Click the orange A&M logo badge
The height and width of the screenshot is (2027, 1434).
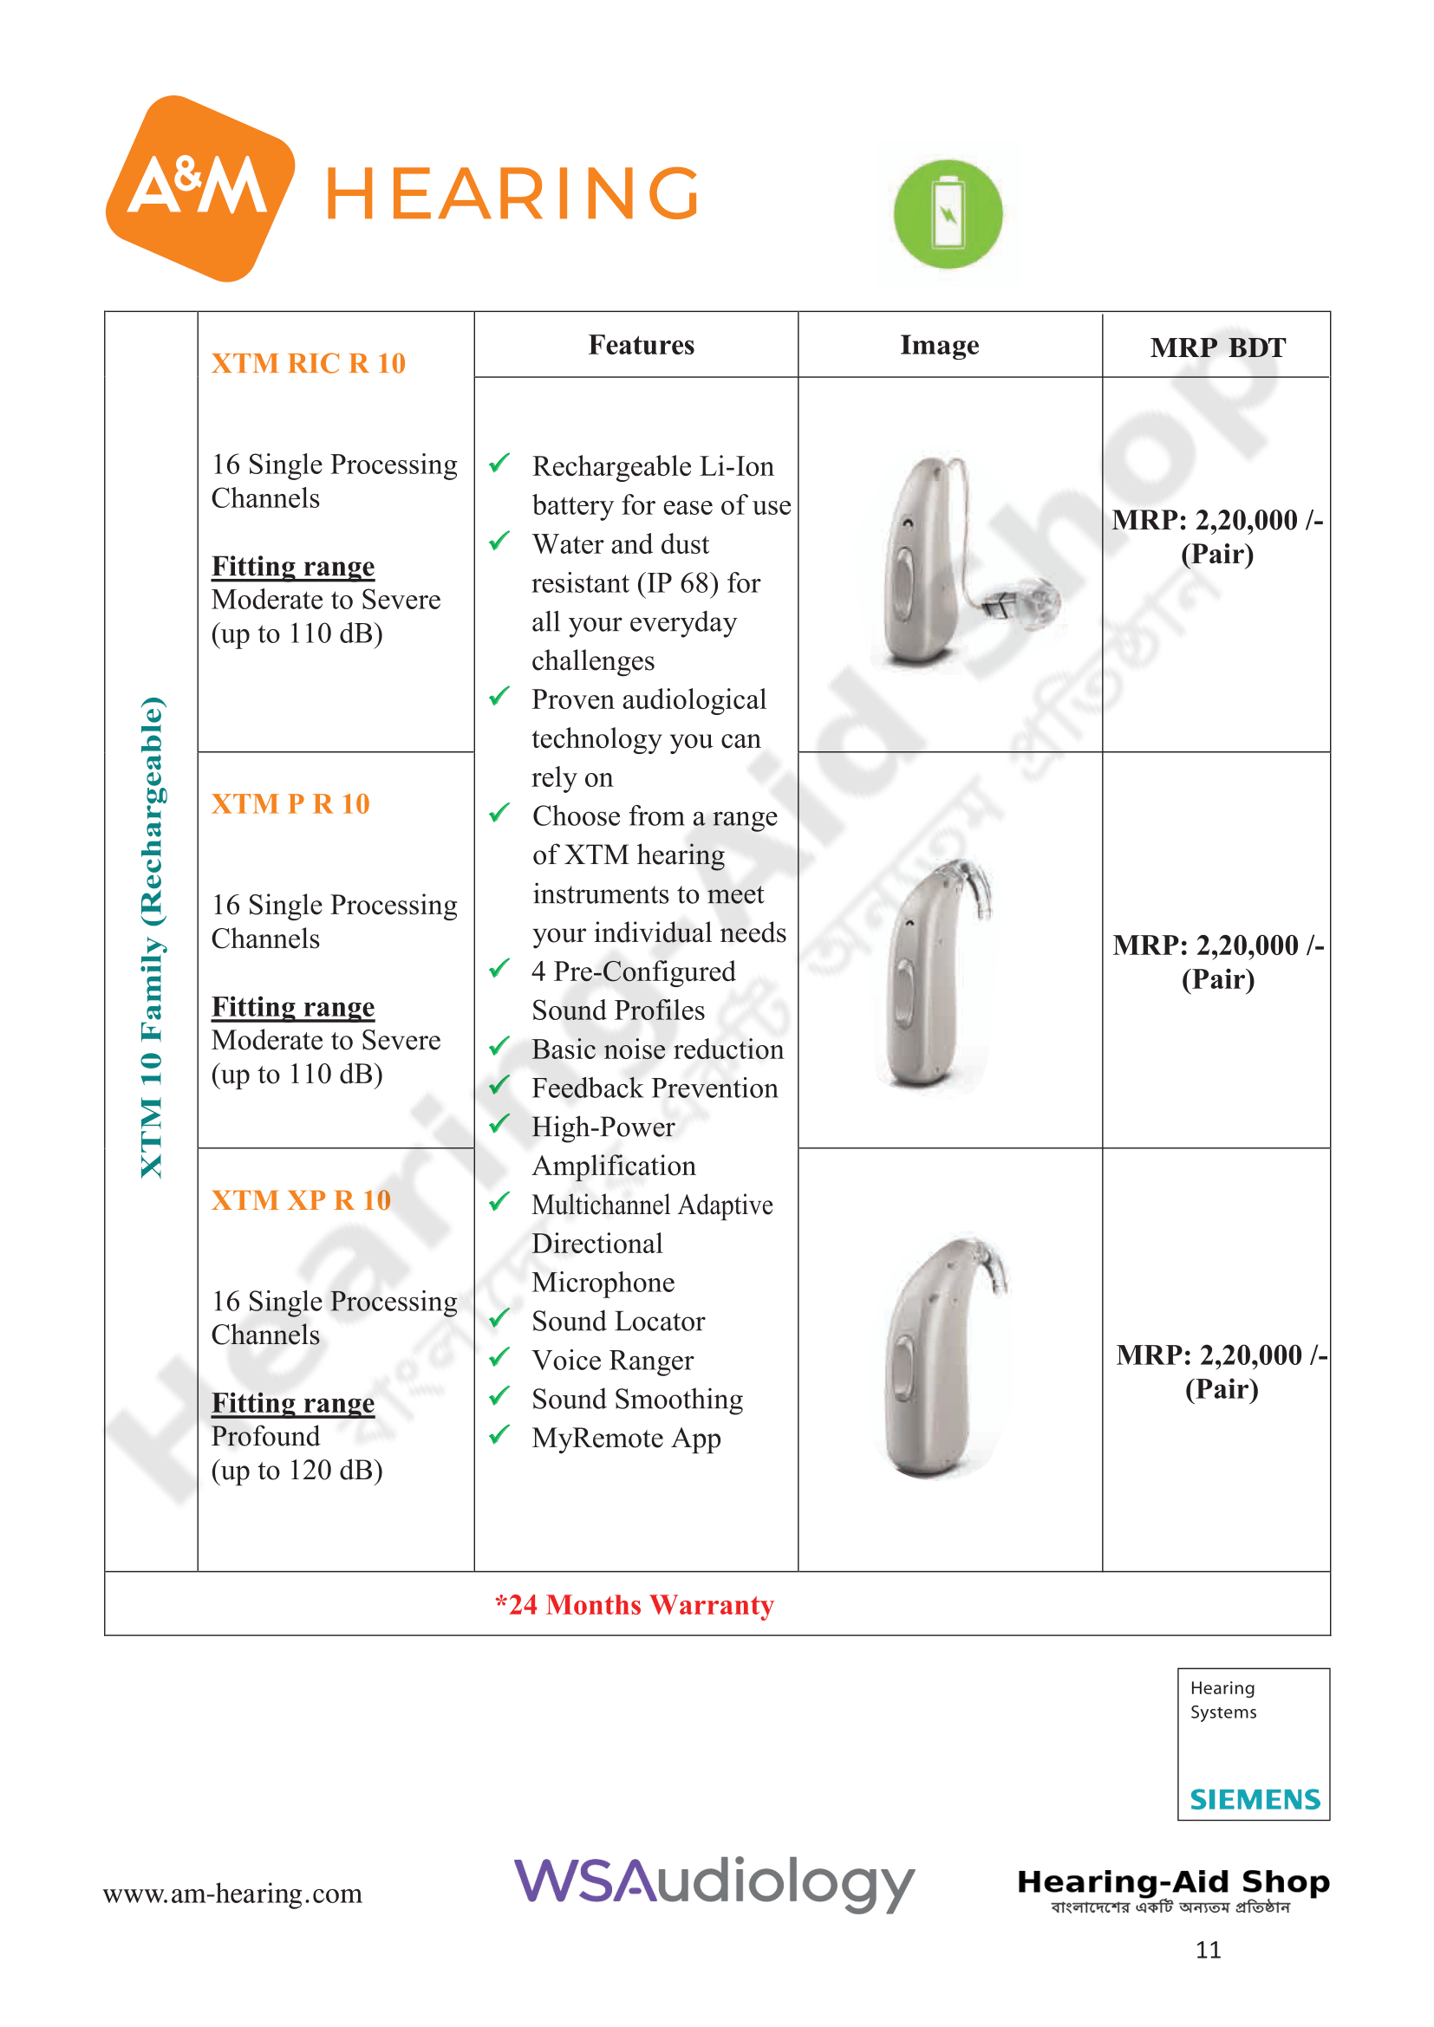199,188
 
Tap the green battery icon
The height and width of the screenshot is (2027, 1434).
948,214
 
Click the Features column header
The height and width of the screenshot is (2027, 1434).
641,345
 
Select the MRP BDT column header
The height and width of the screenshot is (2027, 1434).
1216,348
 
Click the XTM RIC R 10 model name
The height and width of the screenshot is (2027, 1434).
308,364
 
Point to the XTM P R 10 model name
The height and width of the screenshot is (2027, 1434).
290,804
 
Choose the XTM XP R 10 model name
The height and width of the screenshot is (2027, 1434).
300,1200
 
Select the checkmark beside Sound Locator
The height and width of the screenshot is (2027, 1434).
499,1318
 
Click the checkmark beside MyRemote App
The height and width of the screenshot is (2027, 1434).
499,1434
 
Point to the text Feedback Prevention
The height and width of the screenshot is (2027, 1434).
655,1088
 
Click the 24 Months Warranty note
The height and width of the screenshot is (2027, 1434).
634,1605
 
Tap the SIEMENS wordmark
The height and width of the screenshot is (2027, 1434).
1254,1800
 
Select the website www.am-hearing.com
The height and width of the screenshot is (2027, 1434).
232,1894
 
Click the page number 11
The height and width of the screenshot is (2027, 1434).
1207,1949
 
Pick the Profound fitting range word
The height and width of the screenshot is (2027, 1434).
266,1436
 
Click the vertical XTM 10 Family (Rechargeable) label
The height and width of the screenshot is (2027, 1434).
152,937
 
